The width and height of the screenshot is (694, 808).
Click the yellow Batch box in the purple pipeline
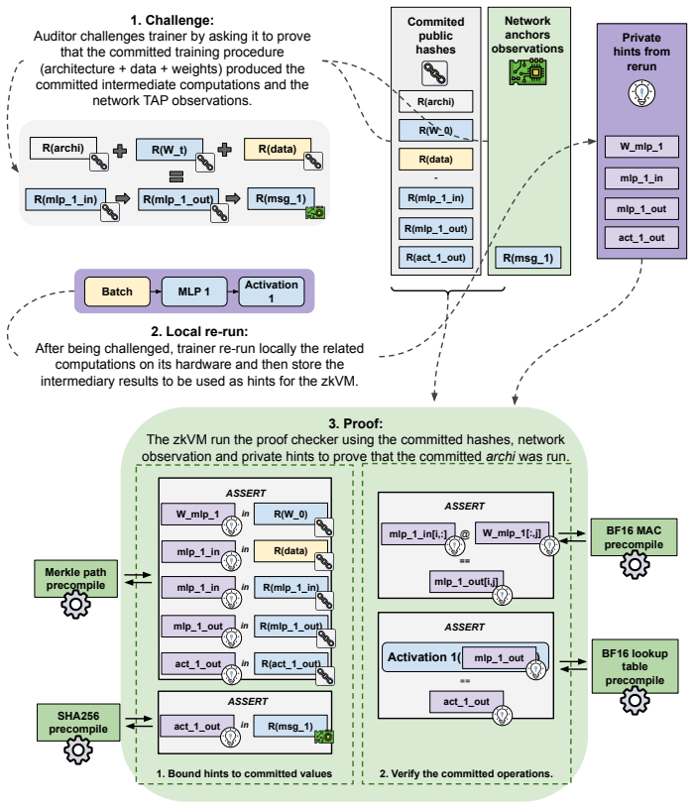117,291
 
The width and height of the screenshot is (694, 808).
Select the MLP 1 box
193,291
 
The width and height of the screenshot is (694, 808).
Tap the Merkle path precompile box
75,579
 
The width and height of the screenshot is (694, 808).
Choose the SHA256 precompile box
78,723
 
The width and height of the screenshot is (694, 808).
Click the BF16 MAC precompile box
634,537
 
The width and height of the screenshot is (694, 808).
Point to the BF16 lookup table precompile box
635,666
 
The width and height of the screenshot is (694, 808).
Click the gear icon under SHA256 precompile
78,750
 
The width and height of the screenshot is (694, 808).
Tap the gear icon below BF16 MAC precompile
635,564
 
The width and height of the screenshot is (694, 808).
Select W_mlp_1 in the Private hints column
641,147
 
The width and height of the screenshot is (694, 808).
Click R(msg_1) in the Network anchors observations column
528,258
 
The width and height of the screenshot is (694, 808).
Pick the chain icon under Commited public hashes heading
435,73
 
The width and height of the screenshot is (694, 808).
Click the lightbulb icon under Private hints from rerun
641,93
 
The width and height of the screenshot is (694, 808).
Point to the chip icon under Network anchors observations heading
527,71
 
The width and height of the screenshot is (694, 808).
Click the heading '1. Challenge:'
173,20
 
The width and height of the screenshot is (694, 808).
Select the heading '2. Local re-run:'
199,331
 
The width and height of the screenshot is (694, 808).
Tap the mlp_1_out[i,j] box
466,582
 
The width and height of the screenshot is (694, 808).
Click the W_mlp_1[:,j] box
512,533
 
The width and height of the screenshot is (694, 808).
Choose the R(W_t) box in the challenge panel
169,150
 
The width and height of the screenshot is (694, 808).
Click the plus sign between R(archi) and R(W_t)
120,151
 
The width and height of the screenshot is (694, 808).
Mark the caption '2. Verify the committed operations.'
466,773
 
